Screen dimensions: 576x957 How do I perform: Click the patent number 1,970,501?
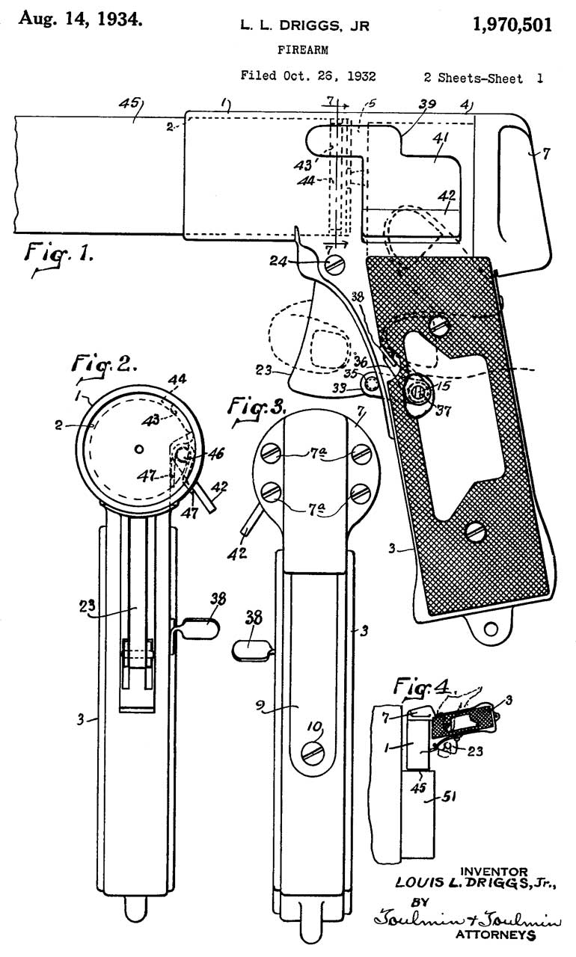tap(512, 25)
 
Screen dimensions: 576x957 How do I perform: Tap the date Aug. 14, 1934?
tap(80, 19)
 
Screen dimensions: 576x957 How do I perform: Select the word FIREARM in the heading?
tap(303, 50)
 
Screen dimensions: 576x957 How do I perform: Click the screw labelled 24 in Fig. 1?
tap(334, 264)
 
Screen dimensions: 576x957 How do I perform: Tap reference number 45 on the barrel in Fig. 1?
tap(129, 104)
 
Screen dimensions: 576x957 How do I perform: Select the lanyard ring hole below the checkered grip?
tap(491, 629)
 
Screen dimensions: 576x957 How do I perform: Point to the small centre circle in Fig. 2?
tap(138, 449)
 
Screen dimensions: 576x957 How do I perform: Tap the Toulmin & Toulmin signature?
tap(468, 920)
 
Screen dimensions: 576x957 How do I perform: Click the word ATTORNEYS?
tap(496, 935)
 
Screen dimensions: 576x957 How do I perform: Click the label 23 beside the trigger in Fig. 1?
tap(263, 370)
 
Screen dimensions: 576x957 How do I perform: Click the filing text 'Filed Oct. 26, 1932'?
tap(308, 76)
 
